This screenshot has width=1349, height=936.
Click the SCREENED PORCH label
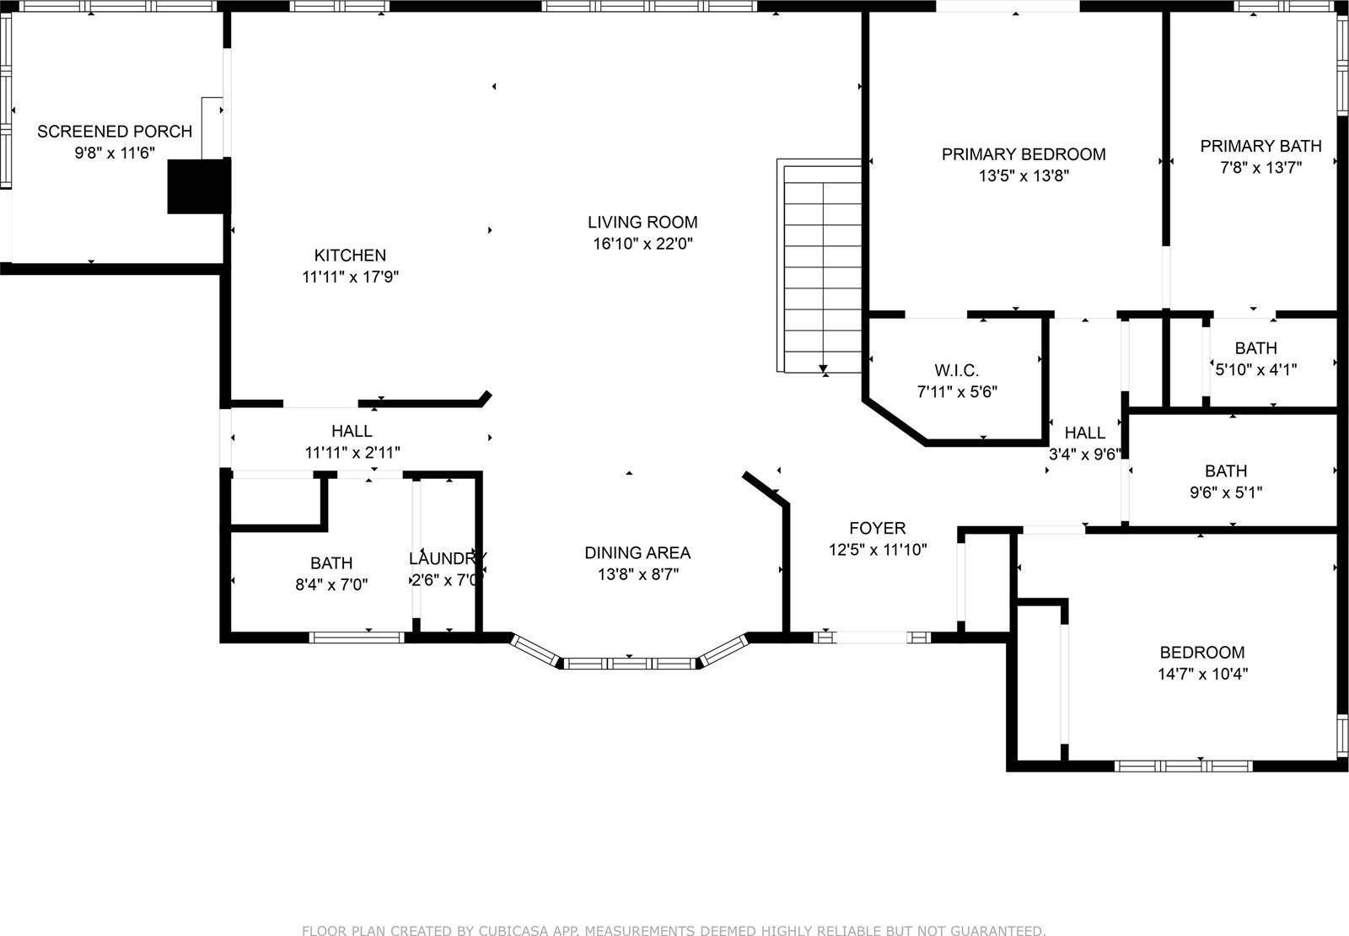(x=115, y=132)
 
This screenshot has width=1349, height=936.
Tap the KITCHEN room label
(x=350, y=255)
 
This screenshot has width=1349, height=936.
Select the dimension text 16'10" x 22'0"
(x=642, y=244)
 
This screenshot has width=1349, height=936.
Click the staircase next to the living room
(x=820, y=266)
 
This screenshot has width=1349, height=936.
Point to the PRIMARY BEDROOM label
(x=1024, y=154)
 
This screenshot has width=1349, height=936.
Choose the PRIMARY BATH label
(x=1260, y=146)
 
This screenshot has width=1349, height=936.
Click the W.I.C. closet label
(x=956, y=370)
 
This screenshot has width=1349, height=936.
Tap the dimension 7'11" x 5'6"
(x=957, y=391)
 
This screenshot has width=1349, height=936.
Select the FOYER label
(x=877, y=528)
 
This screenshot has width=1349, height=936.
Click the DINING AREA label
(x=637, y=552)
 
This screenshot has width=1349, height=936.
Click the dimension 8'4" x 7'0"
(x=331, y=584)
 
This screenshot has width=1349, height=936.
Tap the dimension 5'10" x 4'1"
(x=1255, y=368)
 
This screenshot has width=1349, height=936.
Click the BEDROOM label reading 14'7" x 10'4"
(x=1201, y=652)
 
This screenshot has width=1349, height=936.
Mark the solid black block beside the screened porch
(x=199, y=186)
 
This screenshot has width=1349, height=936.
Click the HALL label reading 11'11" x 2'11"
(x=352, y=431)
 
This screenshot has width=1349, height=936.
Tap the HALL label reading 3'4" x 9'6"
(x=1084, y=433)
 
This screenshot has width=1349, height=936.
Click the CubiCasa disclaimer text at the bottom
(x=674, y=930)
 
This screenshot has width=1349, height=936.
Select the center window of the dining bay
(x=630, y=664)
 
